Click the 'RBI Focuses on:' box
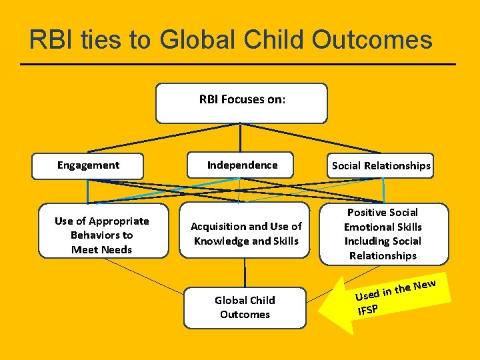tap(241, 103)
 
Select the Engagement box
tap(88, 166)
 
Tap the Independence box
tap(242, 165)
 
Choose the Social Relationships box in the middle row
tap(381, 166)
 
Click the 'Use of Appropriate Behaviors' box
tap(102, 235)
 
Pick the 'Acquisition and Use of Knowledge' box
tap(245, 234)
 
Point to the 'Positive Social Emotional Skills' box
tap(383, 234)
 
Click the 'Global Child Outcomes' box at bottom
tap(245, 307)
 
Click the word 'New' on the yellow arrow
tap(425, 285)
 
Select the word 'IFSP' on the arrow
tap(367, 309)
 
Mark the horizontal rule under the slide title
tap(238, 64)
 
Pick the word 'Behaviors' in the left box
tap(101, 235)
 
